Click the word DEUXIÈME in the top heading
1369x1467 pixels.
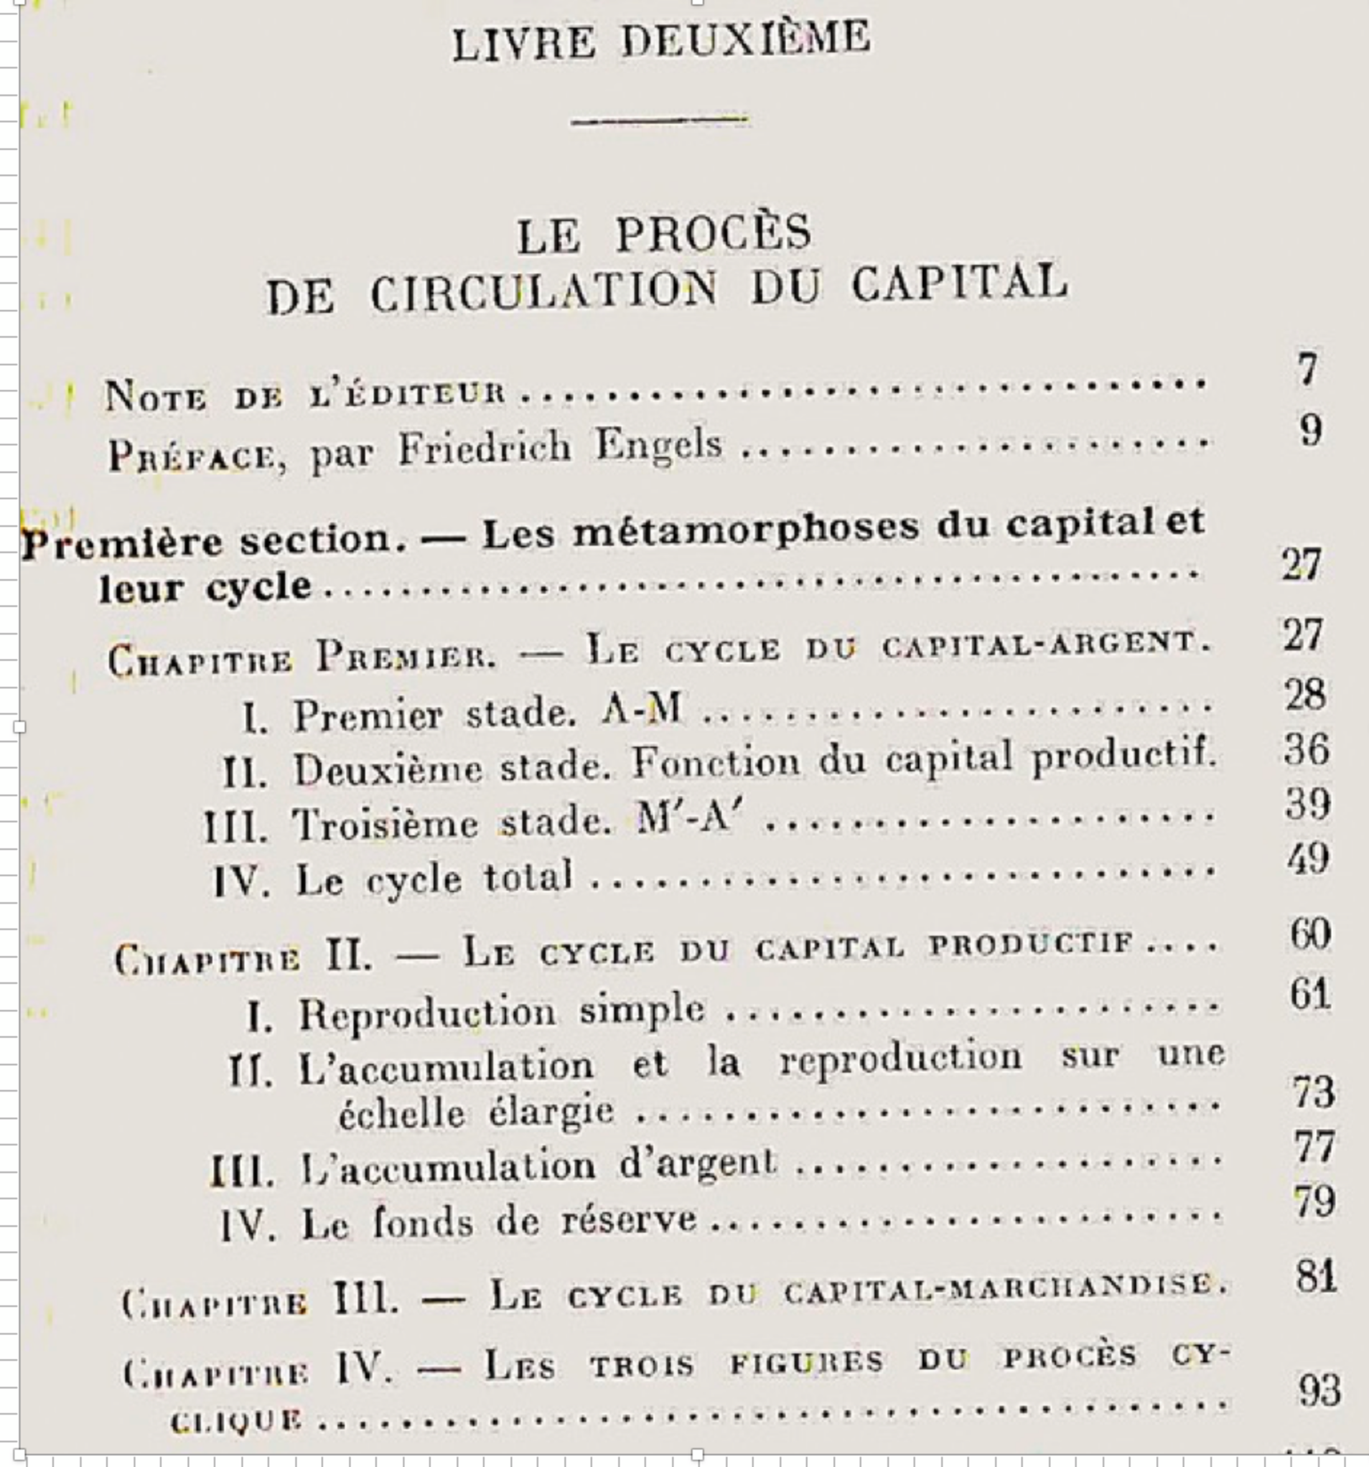click(x=745, y=40)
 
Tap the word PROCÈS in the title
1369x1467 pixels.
click(x=713, y=234)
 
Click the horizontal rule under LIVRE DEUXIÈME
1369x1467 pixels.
click(x=660, y=119)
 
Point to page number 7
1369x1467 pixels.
click(x=1306, y=369)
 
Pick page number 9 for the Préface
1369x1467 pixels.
click(x=1310, y=430)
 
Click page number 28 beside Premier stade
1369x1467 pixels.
click(x=1305, y=695)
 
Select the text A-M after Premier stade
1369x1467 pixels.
click(x=641, y=711)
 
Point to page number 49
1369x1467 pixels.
click(x=1308, y=859)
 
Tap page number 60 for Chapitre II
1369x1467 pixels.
click(x=1310, y=934)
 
